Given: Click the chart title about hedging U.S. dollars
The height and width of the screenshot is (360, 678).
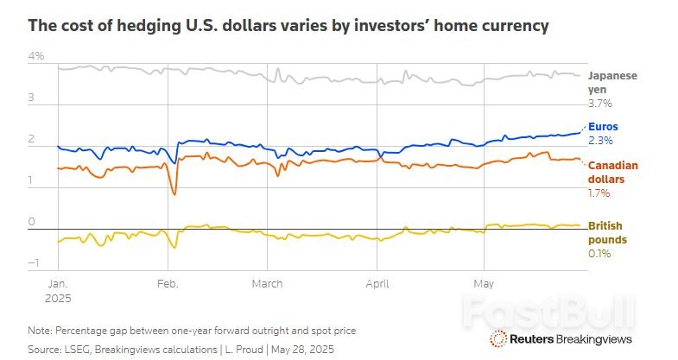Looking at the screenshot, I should point(288,26).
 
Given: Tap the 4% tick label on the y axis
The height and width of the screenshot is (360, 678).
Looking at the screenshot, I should point(36,57).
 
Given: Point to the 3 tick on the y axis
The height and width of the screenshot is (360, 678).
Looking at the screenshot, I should point(33,98).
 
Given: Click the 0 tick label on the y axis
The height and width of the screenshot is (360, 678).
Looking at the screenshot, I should point(33,222).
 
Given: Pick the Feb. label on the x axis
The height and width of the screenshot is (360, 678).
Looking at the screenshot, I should point(168,282).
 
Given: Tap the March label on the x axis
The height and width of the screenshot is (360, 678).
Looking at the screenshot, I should point(268,282).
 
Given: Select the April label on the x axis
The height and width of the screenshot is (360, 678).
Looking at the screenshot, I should point(377,282).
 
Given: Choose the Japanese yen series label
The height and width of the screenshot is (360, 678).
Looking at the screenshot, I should point(611,82).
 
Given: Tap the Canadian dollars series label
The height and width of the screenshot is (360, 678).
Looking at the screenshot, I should point(611,172).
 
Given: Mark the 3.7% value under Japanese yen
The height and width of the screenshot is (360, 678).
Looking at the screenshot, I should point(599,104).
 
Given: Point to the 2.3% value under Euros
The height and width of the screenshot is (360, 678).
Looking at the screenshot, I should point(599,140).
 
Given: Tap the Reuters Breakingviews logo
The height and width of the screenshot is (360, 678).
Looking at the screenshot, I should point(566,338).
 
